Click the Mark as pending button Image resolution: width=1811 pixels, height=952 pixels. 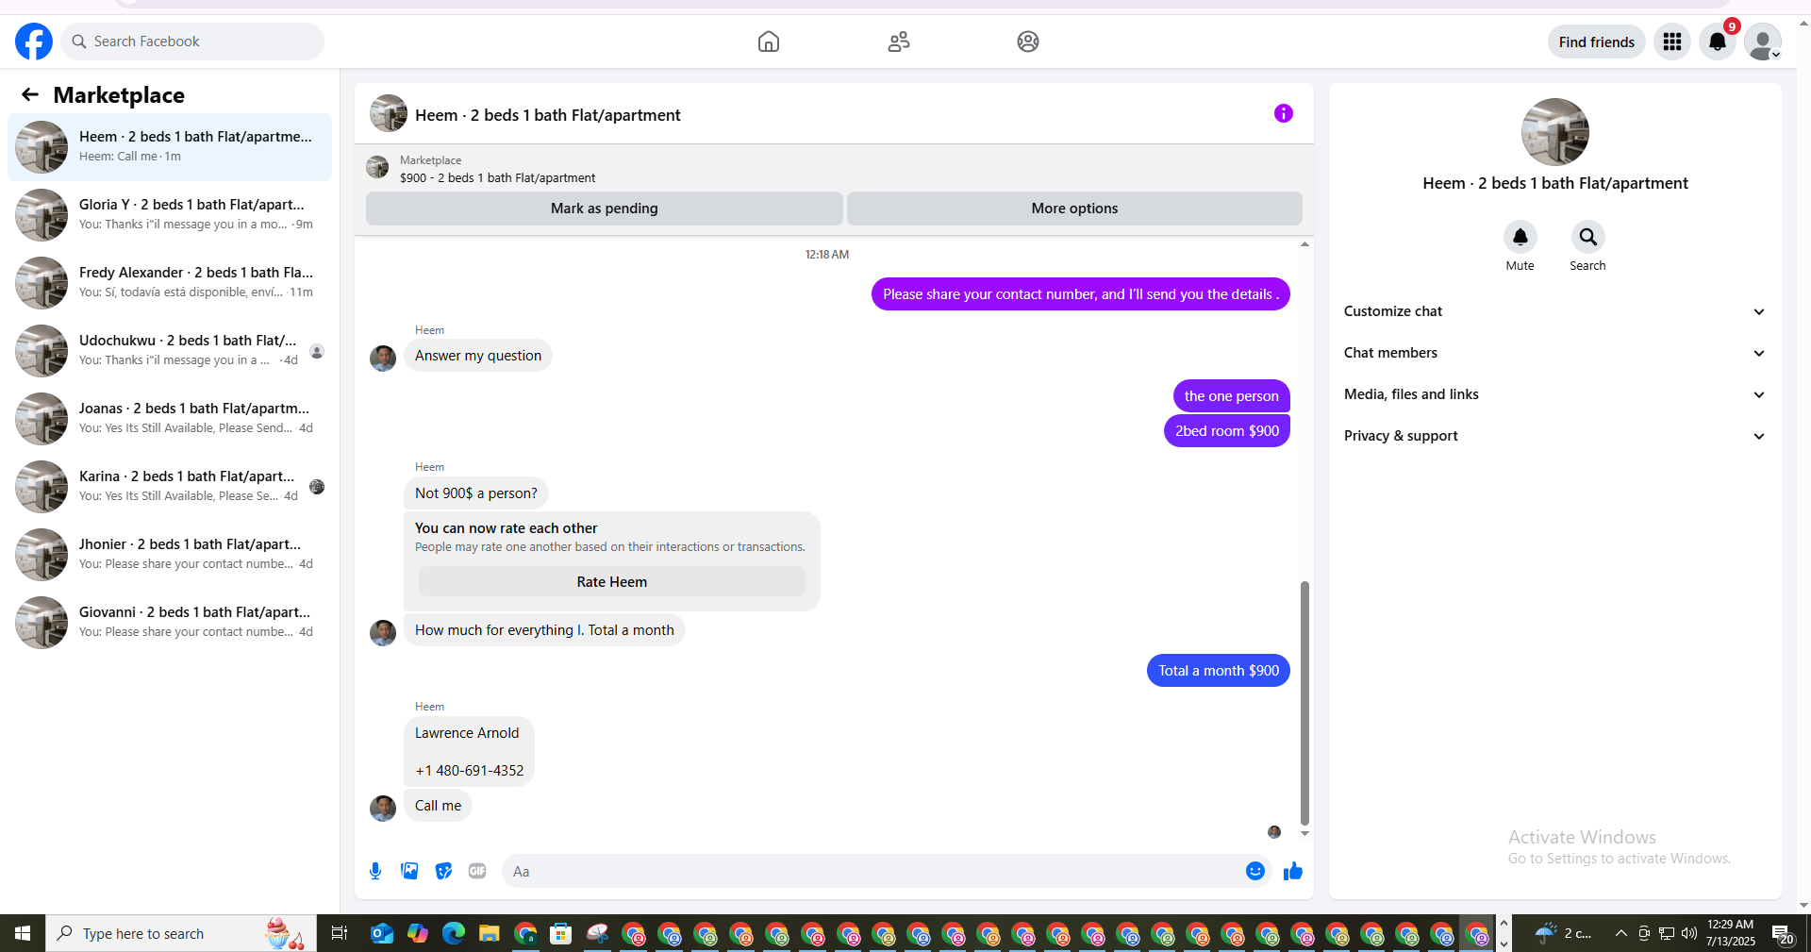click(x=604, y=209)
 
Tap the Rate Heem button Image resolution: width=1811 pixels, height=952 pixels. click(x=612, y=582)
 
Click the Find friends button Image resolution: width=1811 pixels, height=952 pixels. click(x=1596, y=42)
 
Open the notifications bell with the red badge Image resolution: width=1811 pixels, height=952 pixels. click(x=1718, y=42)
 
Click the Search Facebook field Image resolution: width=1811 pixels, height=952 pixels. click(x=193, y=42)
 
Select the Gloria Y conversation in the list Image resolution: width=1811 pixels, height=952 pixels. click(x=170, y=214)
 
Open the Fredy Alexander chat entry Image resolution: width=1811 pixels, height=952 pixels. click(x=170, y=282)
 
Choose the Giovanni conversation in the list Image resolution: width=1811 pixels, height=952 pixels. click(x=170, y=622)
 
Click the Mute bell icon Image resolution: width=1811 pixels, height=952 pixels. click(x=1520, y=237)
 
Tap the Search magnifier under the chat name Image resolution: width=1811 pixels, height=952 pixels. click(x=1587, y=237)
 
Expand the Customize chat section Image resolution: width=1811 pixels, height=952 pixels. click(x=1554, y=311)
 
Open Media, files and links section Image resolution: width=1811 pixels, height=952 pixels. click(x=1554, y=394)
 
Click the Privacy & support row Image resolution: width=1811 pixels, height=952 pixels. click(x=1554, y=436)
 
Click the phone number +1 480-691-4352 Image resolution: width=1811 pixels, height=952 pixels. click(x=470, y=771)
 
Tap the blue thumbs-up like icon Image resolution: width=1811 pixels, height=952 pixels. click(x=1292, y=871)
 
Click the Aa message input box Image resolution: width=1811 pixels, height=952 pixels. click(x=873, y=871)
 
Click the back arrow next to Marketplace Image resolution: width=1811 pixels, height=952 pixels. click(x=30, y=94)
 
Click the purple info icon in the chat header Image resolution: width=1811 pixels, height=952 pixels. click(x=1283, y=113)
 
